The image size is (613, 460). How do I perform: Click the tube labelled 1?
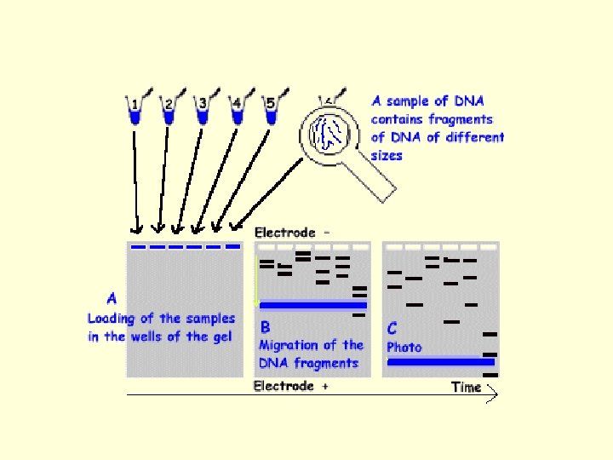[x=134, y=112]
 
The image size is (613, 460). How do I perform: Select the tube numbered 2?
[x=169, y=112]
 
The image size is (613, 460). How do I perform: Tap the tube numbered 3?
[x=203, y=112]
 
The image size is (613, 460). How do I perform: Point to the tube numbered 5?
[x=271, y=112]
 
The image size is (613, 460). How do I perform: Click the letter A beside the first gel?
[x=112, y=298]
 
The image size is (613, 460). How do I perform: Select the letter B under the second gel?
[x=266, y=326]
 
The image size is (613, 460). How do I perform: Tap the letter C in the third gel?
[x=392, y=327]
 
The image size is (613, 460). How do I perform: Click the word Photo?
[x=404, y=347]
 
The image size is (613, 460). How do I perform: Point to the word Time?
[x=466, y=388]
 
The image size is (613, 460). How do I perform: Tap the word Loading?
[x=112, y=319]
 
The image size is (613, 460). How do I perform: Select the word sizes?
[x=387, y=156]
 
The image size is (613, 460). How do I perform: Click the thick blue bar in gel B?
[x=312, y=305]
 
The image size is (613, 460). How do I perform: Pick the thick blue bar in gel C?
[x=440, y=362]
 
